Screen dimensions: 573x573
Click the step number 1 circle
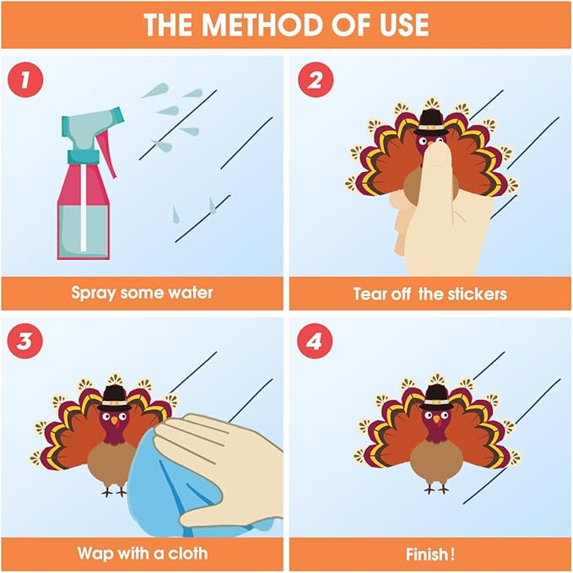pyautogui.click(x=25, y=79)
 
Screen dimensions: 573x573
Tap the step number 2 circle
pyautogui.click(x=316, y=79)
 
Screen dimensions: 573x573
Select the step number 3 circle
pyautogui.click(x=25, y=341)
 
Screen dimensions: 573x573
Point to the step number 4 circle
pyautogui.click(x=315, y=341)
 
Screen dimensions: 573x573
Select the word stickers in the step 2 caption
pyautogui.click(x=478, y=294)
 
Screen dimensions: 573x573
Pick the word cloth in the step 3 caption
pyautogui.click(x=187, y=554)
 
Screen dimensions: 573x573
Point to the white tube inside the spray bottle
pyautogui.click(x=84, y=208)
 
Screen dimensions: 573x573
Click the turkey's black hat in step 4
pyautogui.click(x=436, y=397)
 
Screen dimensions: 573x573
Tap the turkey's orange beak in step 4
pyautogui.click(x=436, y=419)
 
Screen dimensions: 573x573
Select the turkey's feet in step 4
pyautogui.click(x=436, y=489)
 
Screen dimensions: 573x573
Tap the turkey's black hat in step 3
pyautogui.click(x=115, y=398)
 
